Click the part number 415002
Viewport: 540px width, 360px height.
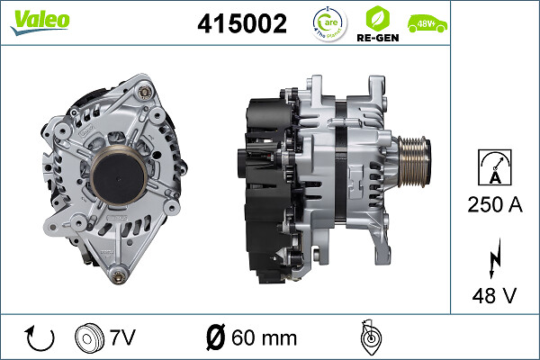(241, 24)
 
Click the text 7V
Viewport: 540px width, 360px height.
(124, 338)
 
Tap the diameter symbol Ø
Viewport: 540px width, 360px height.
(214, 338)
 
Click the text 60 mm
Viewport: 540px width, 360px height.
(264, 338)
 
